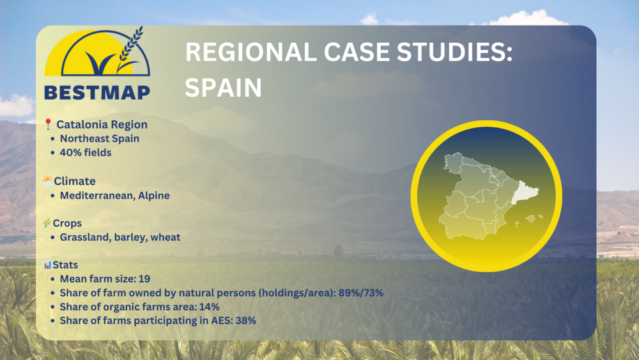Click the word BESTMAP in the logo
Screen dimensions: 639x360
click(97, 93)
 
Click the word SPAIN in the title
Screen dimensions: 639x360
click(223, 87)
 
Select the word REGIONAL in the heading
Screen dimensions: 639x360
click(250, 52)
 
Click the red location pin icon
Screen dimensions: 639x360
click(48, 124)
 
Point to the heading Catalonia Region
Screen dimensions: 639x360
click(102, 124)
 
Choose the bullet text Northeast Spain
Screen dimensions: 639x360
click(100, 139)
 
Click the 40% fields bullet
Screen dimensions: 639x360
click(86, 152)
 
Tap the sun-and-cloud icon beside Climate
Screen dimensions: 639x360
click(48, 180)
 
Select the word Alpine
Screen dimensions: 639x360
click(154, 196)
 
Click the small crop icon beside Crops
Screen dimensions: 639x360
click(47, 223)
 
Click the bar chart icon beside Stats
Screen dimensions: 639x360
click(47, 265)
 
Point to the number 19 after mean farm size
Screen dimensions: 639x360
click(144, 279)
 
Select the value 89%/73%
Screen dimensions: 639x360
click(361, 293)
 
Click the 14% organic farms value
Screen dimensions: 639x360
click(210, 306)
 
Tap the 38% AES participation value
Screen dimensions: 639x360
click(246, 320)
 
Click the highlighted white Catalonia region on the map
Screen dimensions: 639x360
click(524, 192)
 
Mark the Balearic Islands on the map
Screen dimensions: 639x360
click(529, 219)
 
